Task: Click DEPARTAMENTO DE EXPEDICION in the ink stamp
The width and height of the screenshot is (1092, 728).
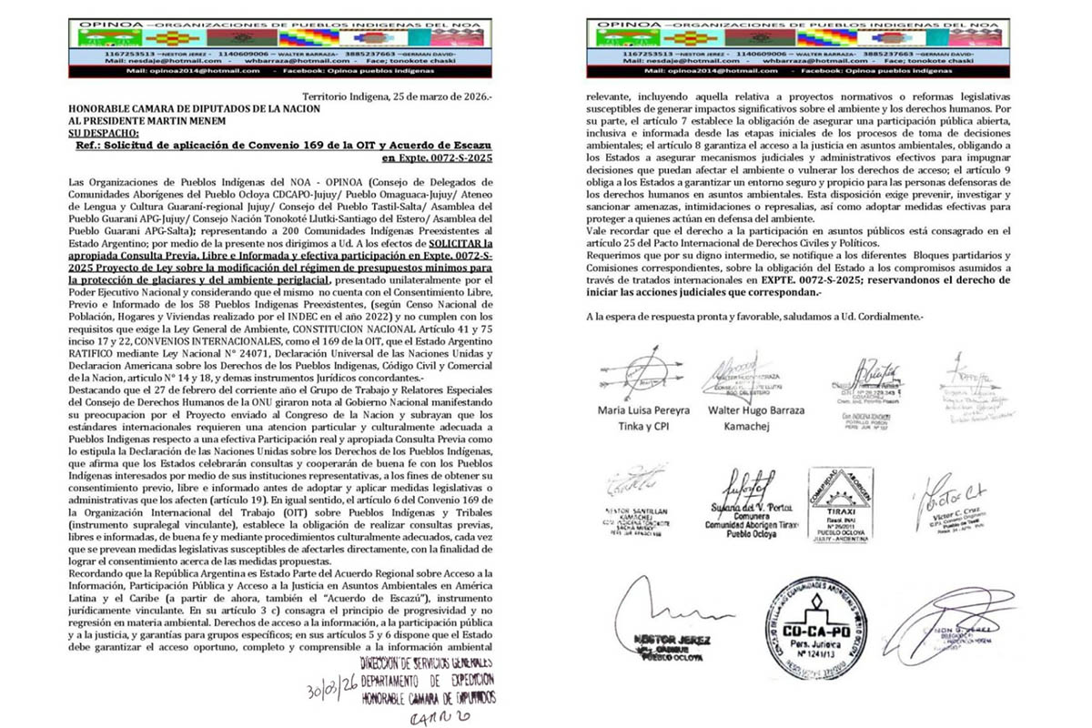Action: pyautogui.click(x=428, y=680)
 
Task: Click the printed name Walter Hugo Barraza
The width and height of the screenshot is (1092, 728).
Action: pyautogui.click(x=755, y=409)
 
